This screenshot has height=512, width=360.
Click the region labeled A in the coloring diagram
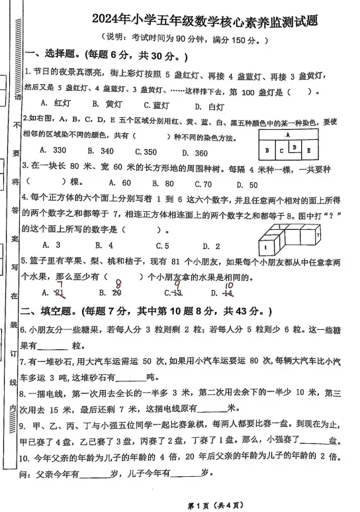[x=289, y=136]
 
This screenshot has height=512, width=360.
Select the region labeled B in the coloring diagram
[x=267, y=150]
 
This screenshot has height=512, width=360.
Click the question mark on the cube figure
[x=318, y=235]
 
